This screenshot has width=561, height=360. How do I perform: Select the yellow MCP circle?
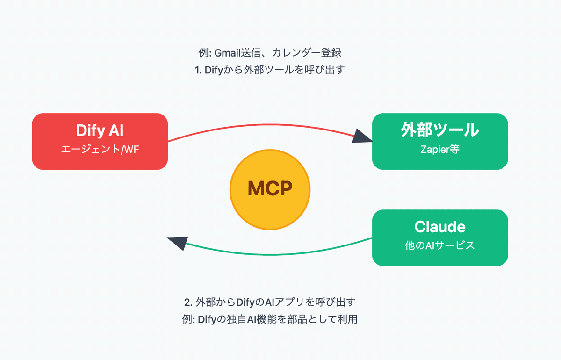click(270, 189)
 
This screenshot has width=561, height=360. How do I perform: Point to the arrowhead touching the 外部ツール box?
click(363, 136)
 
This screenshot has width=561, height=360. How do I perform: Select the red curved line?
click(262, 125)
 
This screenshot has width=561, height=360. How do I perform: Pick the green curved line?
click(271, 254)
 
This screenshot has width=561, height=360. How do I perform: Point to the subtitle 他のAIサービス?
click(439, 245)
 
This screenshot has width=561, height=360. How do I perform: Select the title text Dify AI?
click(100, 131)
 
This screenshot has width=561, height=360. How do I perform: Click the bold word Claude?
click(439, 227)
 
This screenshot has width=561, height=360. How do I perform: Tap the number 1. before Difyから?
click(198, 70)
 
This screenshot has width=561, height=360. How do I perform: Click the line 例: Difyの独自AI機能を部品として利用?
click(270, 320)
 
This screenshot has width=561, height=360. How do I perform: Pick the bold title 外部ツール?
click(439, 130)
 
